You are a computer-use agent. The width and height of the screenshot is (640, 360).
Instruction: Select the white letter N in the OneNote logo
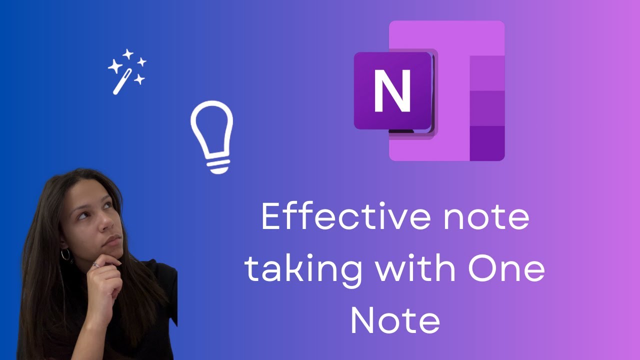[392, 91]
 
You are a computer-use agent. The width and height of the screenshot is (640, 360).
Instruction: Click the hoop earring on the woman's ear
[65, 254]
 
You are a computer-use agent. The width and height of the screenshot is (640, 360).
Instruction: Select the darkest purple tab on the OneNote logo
[487, 143]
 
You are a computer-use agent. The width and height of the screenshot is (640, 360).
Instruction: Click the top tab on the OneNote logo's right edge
[487, 73]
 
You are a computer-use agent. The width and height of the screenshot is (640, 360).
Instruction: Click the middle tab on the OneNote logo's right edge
[487, 108]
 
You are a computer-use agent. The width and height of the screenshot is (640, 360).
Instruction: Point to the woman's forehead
[95, 192]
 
